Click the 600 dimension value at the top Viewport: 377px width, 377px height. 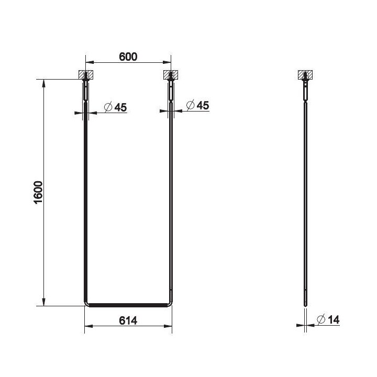pos(128,57)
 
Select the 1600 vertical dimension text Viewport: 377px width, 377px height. pos(38,193)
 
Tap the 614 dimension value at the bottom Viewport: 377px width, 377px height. pos(128,320)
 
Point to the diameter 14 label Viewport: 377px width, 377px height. pos(328,319)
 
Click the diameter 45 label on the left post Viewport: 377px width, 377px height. pos(115,107)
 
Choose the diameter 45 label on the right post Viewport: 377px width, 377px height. pos(197,105)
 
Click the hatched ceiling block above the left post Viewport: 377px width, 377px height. pos(86,75)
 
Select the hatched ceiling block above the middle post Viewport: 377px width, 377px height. pos(171,75)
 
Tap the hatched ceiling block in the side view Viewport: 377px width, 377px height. pos(305,75)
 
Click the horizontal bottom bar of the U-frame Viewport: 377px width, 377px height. pos(128,305)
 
